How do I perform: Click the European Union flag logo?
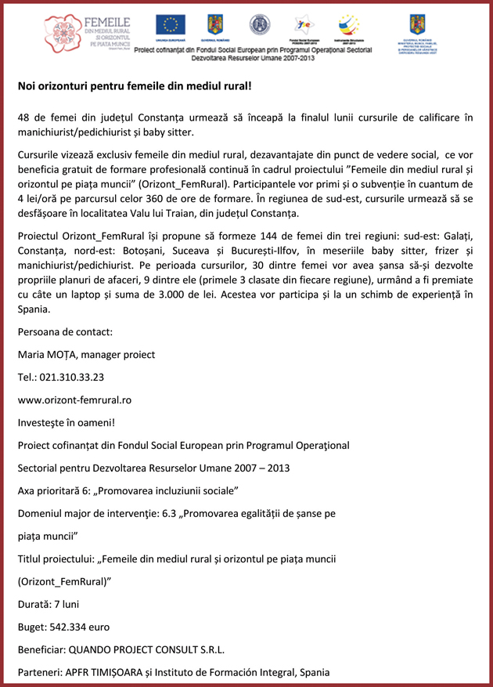(171, 24)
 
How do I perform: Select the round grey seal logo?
(259, 25)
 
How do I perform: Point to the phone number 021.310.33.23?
(72, 377)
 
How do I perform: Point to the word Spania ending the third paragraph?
(34, 309)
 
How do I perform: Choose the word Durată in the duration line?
(36, 605)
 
